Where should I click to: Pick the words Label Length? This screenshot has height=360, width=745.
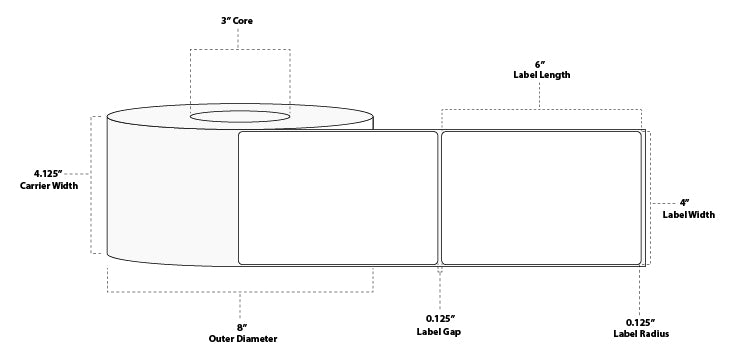(x=541, y=75)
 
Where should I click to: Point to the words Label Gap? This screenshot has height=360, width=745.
(x=440, y=331)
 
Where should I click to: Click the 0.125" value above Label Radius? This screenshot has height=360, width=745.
(x=641, y=322)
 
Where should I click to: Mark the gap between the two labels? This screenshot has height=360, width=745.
(x=440, y=198)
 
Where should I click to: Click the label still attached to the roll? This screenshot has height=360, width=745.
(x=338, y=198)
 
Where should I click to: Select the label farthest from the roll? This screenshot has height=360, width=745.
(x=541, y=198)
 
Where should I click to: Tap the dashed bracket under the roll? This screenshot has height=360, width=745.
(x=239, y=292)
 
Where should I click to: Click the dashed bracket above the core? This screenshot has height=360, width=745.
(x=239, y=49)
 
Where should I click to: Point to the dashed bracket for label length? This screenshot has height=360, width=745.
(x=541, y=108)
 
